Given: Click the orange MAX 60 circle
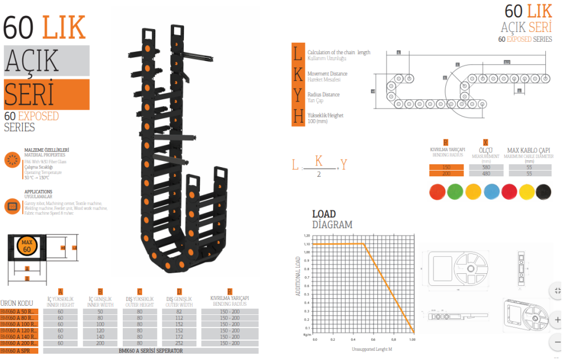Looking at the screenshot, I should tap(27, 246).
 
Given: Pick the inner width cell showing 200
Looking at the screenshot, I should tap(100, 343).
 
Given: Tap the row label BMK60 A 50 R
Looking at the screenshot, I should tap(19, 312).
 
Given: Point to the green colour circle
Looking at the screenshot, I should tap(455, 192).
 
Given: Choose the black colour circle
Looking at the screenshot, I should tap(544, 192).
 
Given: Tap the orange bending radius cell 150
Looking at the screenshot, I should tap(446, 167).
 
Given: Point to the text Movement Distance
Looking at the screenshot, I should tap(327, 74).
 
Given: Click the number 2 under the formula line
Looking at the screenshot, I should tap(319, 173).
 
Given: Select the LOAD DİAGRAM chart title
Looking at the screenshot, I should tap(332, 220).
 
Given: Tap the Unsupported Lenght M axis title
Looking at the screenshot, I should tap(364, 348).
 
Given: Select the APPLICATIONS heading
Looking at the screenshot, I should tap(38, 192).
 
